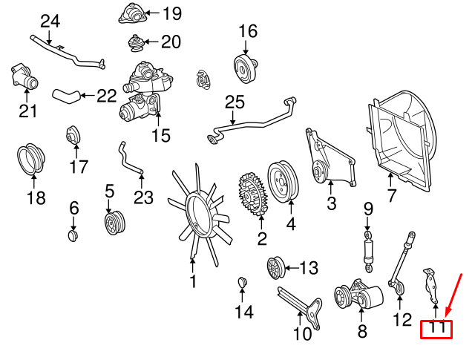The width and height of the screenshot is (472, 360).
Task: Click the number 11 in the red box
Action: click(x=436, y=327)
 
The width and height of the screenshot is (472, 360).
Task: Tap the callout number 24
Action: click(x=49, y=21)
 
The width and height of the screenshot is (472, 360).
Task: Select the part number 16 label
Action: click(x=247, y=31)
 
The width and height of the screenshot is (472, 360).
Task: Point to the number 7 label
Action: click(x=391, y=196)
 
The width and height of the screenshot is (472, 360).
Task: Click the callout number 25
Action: click(x=234, y=101)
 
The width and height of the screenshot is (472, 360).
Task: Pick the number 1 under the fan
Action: click(x=193, y=281)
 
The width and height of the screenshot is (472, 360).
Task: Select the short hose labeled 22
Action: click(x=65, y=94)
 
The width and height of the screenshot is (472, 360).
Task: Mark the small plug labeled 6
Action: click(x=73, y=235)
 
